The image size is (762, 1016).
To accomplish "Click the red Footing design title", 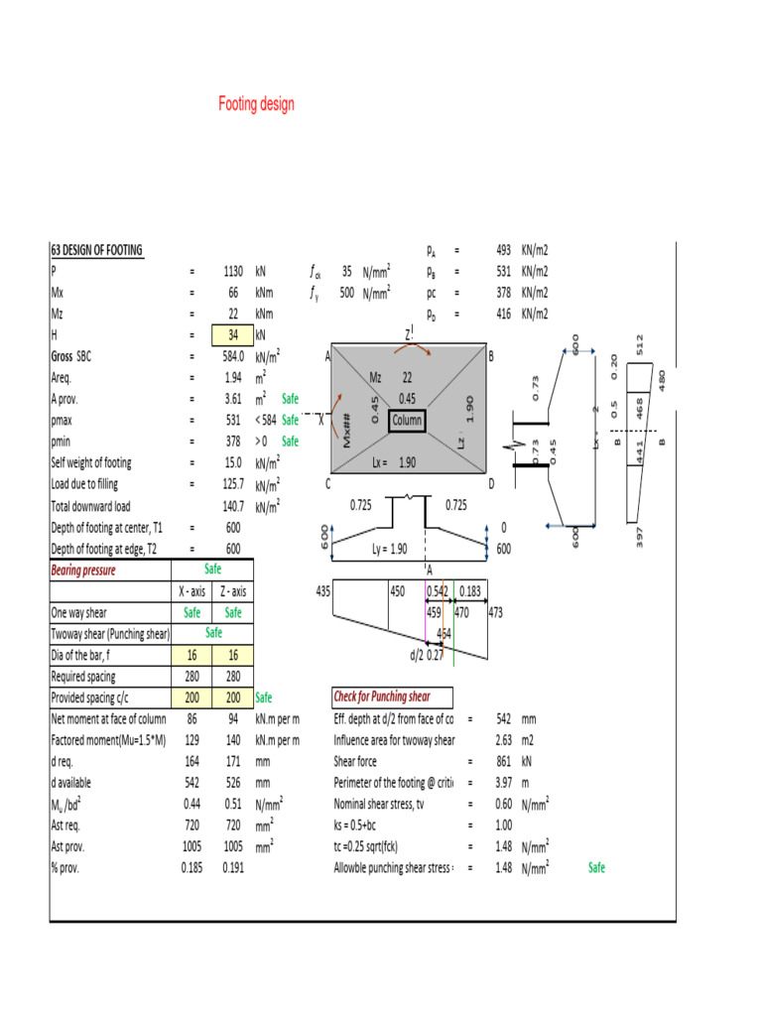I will click(x=256, y=104).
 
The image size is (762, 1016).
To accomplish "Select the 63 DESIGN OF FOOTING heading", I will click(x=97, y=250).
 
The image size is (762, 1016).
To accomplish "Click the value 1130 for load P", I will click(x=233, y=270).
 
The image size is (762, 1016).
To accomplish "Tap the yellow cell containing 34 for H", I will click(x=232, y=335).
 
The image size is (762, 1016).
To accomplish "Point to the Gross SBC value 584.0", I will click(x=232, y=356).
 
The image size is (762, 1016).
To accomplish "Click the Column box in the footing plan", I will click(x=407, y=421).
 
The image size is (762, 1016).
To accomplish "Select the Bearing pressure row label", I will click(x=83, y=571).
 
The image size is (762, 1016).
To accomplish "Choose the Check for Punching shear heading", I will click(x=393, y=697).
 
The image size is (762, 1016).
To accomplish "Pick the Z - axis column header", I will click(x=233, y=591).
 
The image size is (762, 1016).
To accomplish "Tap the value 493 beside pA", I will click(x=503, y=250).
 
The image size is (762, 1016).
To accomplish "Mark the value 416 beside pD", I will click(x=503, y=314).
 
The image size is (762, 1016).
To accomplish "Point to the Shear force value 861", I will click(x=503, y=762).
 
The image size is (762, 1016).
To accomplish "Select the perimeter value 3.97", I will click(x=503, y=783).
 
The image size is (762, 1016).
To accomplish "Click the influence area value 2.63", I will click(x=503, y=740).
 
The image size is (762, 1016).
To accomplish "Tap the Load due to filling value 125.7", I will click(x=233, y=484).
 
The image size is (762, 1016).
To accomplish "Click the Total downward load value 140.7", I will click(x=233, y=506).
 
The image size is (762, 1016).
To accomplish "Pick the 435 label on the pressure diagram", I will click(x=322, y=591).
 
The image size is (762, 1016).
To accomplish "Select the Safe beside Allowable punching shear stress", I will click(x=596, y=868).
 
